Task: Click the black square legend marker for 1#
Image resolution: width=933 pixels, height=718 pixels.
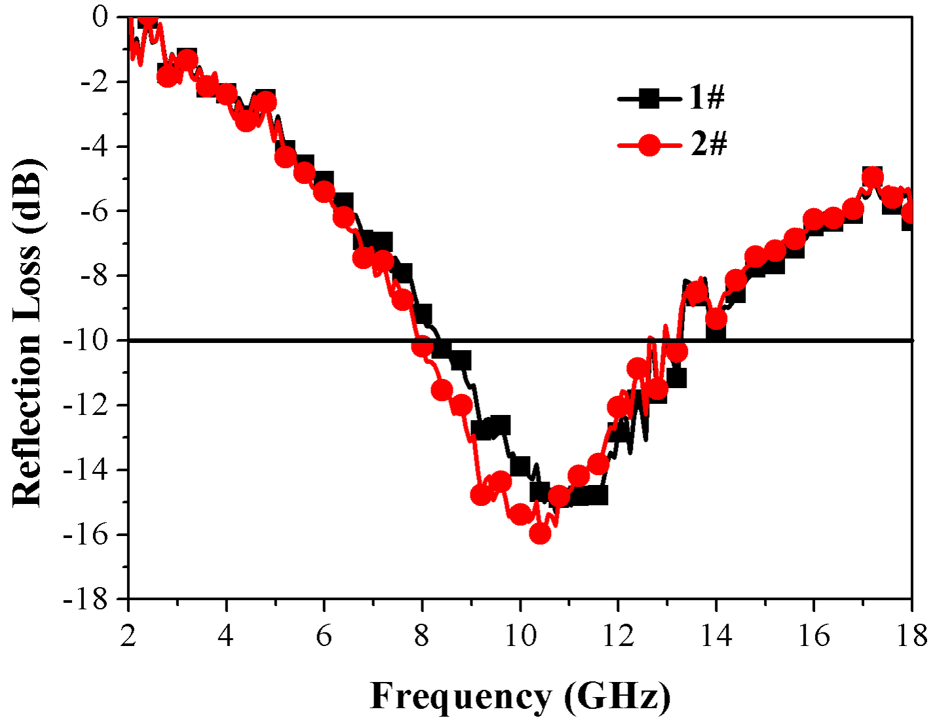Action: point(649,99)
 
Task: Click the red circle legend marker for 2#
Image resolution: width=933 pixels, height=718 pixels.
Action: point(649,145)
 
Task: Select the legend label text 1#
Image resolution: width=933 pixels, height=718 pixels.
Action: point(707,98)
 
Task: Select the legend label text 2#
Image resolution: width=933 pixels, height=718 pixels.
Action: point(708,144)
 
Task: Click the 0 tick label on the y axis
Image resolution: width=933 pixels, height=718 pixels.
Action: point(100,16)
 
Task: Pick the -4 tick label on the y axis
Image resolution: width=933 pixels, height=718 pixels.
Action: point(96,146)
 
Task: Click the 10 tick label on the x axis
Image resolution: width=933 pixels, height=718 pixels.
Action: point(520,636)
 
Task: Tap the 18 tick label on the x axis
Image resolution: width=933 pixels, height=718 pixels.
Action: point(911,636)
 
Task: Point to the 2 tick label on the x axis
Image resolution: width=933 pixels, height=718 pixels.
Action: point(128,636)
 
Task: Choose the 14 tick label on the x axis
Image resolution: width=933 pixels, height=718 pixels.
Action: point(715,636)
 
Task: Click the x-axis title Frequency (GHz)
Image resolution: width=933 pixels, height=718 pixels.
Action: point(520,695)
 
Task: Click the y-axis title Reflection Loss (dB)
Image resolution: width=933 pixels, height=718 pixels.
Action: point(27,332)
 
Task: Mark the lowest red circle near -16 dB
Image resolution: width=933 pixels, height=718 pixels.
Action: point(540,533)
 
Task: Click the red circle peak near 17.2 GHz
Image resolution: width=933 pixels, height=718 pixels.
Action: point(872,177)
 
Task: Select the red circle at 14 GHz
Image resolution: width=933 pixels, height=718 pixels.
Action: point(716,319)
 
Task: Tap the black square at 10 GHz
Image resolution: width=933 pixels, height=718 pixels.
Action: point(520,466)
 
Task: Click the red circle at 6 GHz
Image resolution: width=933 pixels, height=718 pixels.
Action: point(324,192)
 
